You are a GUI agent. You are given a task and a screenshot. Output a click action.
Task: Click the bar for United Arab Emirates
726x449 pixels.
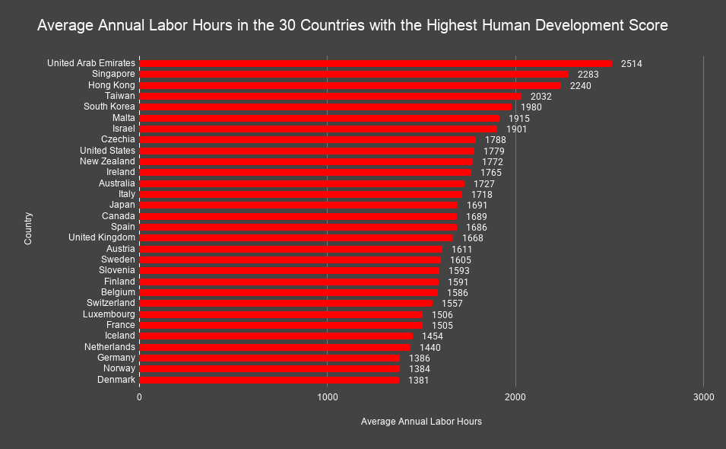click(376, 63)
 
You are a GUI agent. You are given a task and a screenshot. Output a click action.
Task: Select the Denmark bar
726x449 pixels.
click(269, 380)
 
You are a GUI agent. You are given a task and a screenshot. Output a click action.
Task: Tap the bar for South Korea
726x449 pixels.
click(325, 107)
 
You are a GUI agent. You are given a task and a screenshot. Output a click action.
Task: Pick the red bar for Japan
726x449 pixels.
click(299, 205)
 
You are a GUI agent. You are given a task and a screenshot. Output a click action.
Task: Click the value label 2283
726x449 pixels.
click(588, 75)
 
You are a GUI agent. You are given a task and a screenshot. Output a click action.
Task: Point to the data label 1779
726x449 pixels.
click(493, 151)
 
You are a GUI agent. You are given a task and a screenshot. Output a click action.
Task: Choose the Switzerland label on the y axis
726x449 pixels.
click(110, 303)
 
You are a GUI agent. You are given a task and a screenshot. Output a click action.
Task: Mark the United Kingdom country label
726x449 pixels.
click(102, 237)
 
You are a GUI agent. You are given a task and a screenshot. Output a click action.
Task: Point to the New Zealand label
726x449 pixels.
click(107, 161)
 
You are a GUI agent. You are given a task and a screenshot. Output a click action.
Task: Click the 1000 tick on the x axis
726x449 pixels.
click(328, 397)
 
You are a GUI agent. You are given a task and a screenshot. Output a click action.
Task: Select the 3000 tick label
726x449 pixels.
click(703, 397)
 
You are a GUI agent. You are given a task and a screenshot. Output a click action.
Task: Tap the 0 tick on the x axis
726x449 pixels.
click(140, 397)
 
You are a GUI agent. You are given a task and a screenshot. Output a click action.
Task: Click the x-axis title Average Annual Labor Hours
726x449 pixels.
click(421, 422)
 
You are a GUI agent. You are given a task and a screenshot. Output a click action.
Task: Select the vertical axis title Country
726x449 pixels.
click(28, 228)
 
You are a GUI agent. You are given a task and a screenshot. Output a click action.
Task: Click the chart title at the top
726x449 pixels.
click(353, 26)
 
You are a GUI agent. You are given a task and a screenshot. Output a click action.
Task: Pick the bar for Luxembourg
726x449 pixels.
click(281, 314)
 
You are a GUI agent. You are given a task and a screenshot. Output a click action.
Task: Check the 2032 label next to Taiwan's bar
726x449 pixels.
click(541, 97)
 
